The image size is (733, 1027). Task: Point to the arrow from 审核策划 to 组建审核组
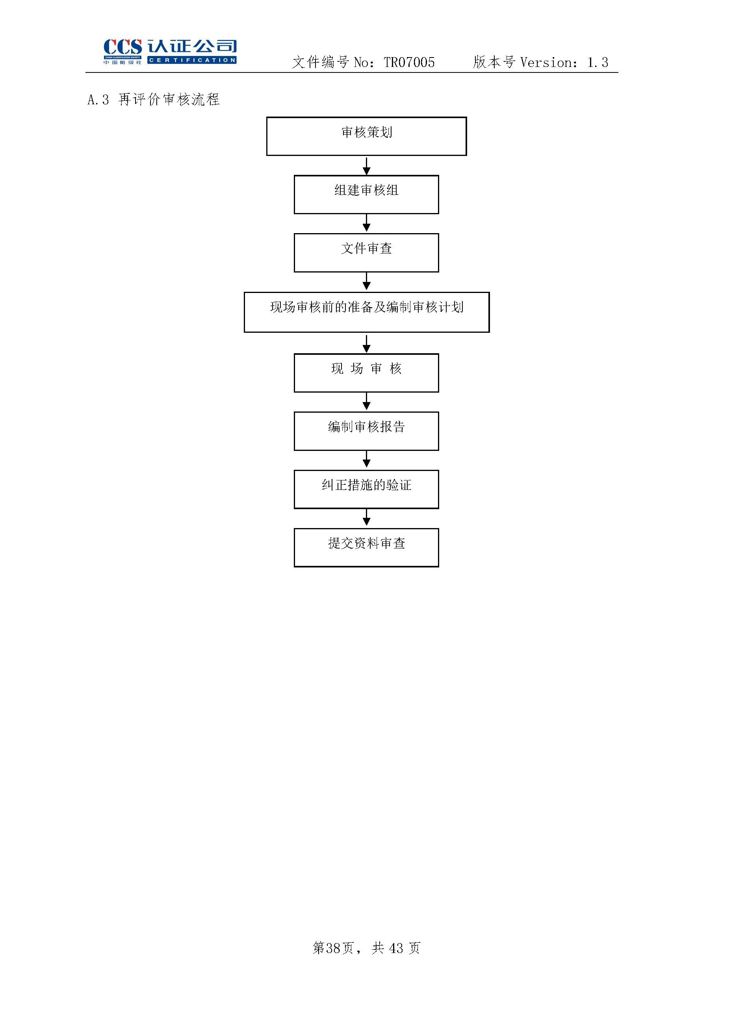(366, 166)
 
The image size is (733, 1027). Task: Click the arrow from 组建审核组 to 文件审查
(366, 223)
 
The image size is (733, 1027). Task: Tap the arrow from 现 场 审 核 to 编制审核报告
(366, 402)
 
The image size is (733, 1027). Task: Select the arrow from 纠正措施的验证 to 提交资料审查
(366, 518)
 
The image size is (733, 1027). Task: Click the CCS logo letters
(123, 47)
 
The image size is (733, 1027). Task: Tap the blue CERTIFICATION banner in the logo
(192, 60)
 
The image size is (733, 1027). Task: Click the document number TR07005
(409, 62)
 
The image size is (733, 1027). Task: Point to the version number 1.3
(598, 62)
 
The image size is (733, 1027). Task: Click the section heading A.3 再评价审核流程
(154, 99)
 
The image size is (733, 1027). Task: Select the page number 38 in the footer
(333, 947)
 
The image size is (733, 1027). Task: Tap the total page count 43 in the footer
(396, 947)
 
